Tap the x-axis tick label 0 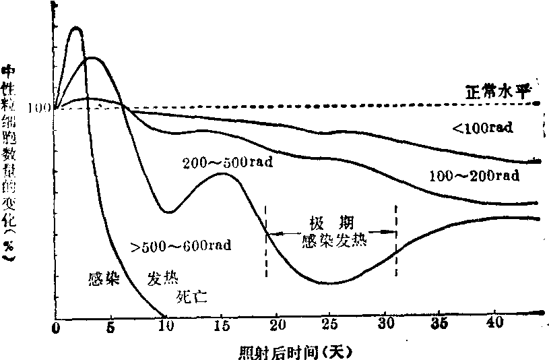pos(56,328)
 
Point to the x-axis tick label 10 pos(165,328)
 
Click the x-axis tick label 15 pos(221,328)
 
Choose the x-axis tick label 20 pos(276,328)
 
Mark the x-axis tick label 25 pos(331,328)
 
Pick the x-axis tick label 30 pos(386,328)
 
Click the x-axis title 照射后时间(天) pos(296,352)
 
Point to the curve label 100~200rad pos(474,176)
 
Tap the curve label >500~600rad pos(181,245)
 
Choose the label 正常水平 pos(495,91)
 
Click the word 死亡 pos(191,295)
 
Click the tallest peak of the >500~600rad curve pos(76,28)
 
